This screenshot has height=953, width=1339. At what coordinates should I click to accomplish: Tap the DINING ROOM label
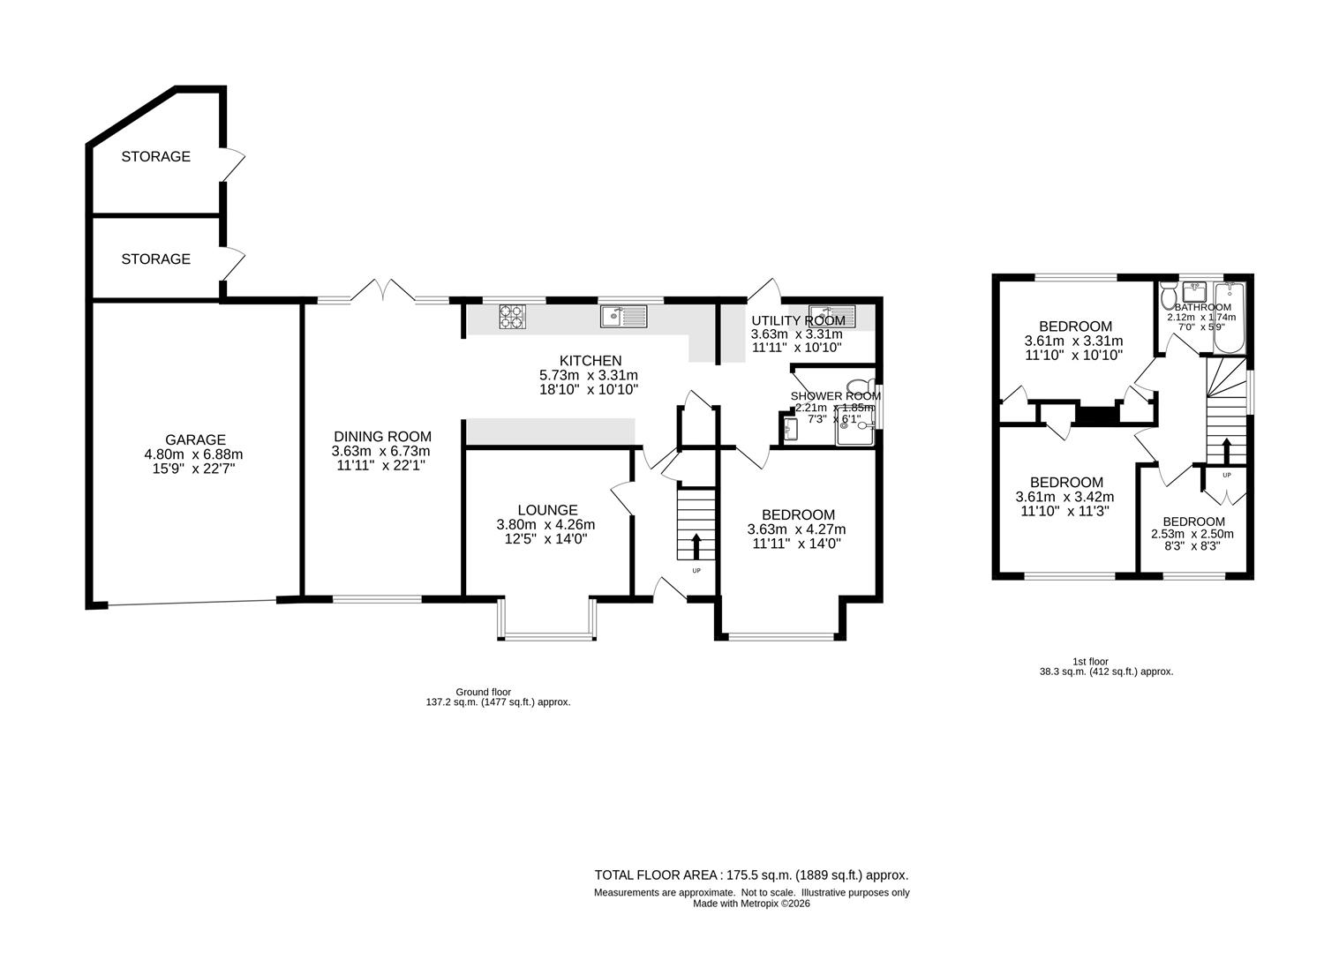(x=382, y=436)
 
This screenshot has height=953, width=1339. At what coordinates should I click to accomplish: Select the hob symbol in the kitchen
(x=511, y=316)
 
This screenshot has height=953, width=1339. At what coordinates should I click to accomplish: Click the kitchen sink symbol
(x=623, y=315)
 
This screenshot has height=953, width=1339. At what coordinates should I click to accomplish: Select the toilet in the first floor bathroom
(x=1168, y=294)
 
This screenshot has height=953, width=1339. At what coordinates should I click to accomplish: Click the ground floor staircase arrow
(x=696, y=545)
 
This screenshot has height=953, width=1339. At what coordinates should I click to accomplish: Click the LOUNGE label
(x=547, y=510)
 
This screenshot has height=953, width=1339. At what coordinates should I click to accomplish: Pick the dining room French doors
(x=383, y=292)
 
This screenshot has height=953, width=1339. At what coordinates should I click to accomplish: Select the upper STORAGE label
(x=155, y=157)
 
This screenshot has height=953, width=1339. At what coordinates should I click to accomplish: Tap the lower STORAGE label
(x=155, y=259)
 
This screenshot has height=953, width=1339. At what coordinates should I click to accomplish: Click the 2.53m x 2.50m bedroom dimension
(x=1192, y=534)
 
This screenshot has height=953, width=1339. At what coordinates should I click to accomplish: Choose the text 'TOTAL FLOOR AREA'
(x=658, y=875)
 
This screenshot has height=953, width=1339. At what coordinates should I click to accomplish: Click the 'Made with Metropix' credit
(x=751, y=904)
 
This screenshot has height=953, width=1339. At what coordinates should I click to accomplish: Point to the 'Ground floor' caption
(x=483, y=692)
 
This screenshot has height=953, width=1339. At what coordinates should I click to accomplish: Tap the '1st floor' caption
(x=1090, y=661)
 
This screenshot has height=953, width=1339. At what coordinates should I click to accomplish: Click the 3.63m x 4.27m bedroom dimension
(x=797, y=529)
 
